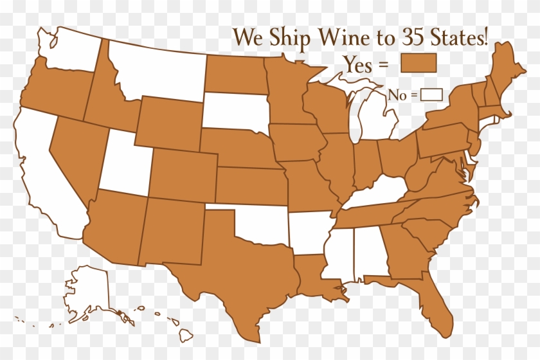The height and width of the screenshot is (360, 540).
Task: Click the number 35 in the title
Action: pos(418,37)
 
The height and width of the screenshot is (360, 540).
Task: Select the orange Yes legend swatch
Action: pos(419,63)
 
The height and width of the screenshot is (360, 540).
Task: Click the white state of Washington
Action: pos(71,48)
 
